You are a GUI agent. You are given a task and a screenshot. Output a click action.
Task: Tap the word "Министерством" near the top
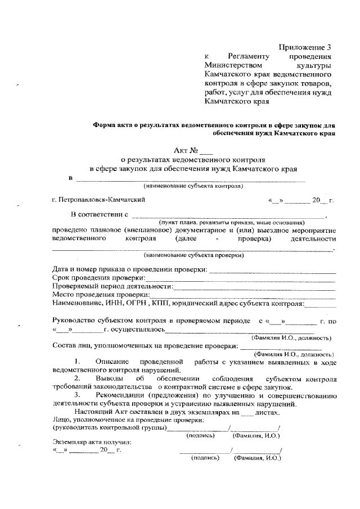tap(232, 66)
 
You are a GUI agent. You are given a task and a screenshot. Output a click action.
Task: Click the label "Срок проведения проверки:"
tap(98, 278)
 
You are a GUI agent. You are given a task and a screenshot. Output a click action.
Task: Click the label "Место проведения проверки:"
tap(101, 295)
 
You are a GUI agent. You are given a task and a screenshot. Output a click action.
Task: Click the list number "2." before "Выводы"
tap(77, 379)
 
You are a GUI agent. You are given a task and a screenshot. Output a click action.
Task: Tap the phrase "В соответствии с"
tap(100, 214)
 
